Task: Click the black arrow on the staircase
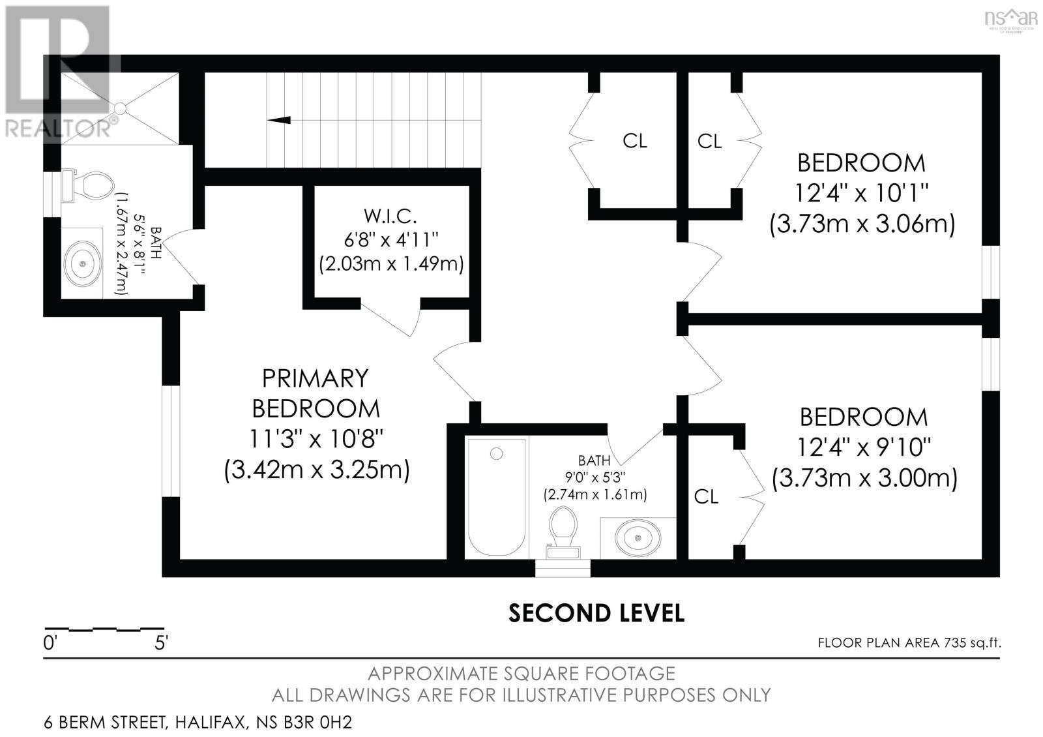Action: [279, 119]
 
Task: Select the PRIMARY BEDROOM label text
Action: [316, 393]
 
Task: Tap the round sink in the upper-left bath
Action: [83, 263]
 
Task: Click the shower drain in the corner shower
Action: [120, 108]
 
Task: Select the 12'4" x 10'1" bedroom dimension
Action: [861, 193]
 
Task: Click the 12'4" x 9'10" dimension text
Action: [864, 447]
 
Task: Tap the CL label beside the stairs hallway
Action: [634, 141]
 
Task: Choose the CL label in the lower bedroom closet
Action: [706, 497]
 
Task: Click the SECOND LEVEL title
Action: [596, 613]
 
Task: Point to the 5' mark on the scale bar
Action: [160, 642]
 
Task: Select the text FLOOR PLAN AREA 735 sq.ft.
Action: [909, 642]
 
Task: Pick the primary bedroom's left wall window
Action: [171, 440]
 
